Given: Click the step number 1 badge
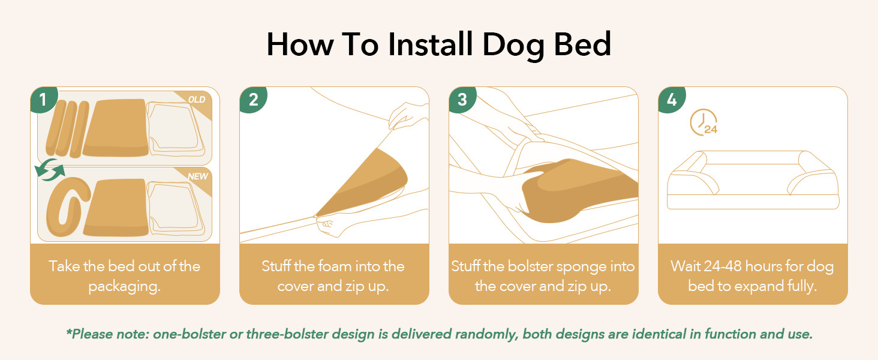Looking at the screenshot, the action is coord(43,99).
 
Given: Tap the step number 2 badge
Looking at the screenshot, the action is coord(253,99).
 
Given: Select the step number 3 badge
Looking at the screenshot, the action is coord(462,99).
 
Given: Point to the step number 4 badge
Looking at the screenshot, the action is coord(672,99).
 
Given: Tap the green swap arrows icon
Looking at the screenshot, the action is coord(49,170).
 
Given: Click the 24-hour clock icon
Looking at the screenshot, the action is coord(703,123).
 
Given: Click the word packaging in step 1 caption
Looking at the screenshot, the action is coord(124,287).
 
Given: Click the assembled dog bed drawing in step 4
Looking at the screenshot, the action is coord(753,180).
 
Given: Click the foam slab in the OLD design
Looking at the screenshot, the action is coord(116,128).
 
